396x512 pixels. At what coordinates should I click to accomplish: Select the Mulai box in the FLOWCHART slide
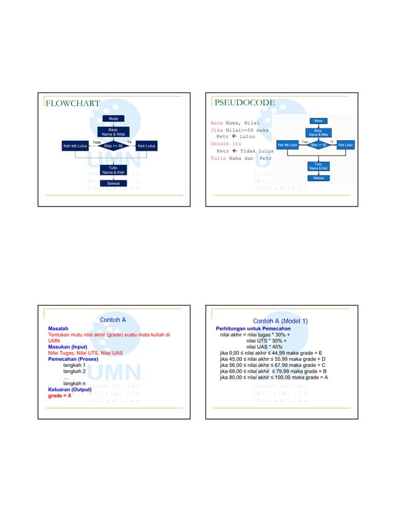pos(114,118)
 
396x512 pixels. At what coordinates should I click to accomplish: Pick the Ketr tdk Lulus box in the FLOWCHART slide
pos(75,146)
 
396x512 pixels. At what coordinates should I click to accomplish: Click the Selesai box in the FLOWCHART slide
pos(114,183)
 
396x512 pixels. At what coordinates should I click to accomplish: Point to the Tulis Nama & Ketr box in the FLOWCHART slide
pos(113,169)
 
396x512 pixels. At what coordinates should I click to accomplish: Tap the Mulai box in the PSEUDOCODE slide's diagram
pos(318,121)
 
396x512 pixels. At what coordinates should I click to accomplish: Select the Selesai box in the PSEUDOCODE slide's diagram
pos(318,178)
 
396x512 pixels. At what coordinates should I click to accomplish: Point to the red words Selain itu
pos(225,143)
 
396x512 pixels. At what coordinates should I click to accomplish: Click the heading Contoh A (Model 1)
pos(280,320)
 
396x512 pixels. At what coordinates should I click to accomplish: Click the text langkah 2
pos(74,371)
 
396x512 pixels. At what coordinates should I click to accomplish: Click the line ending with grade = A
pos(274,377)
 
